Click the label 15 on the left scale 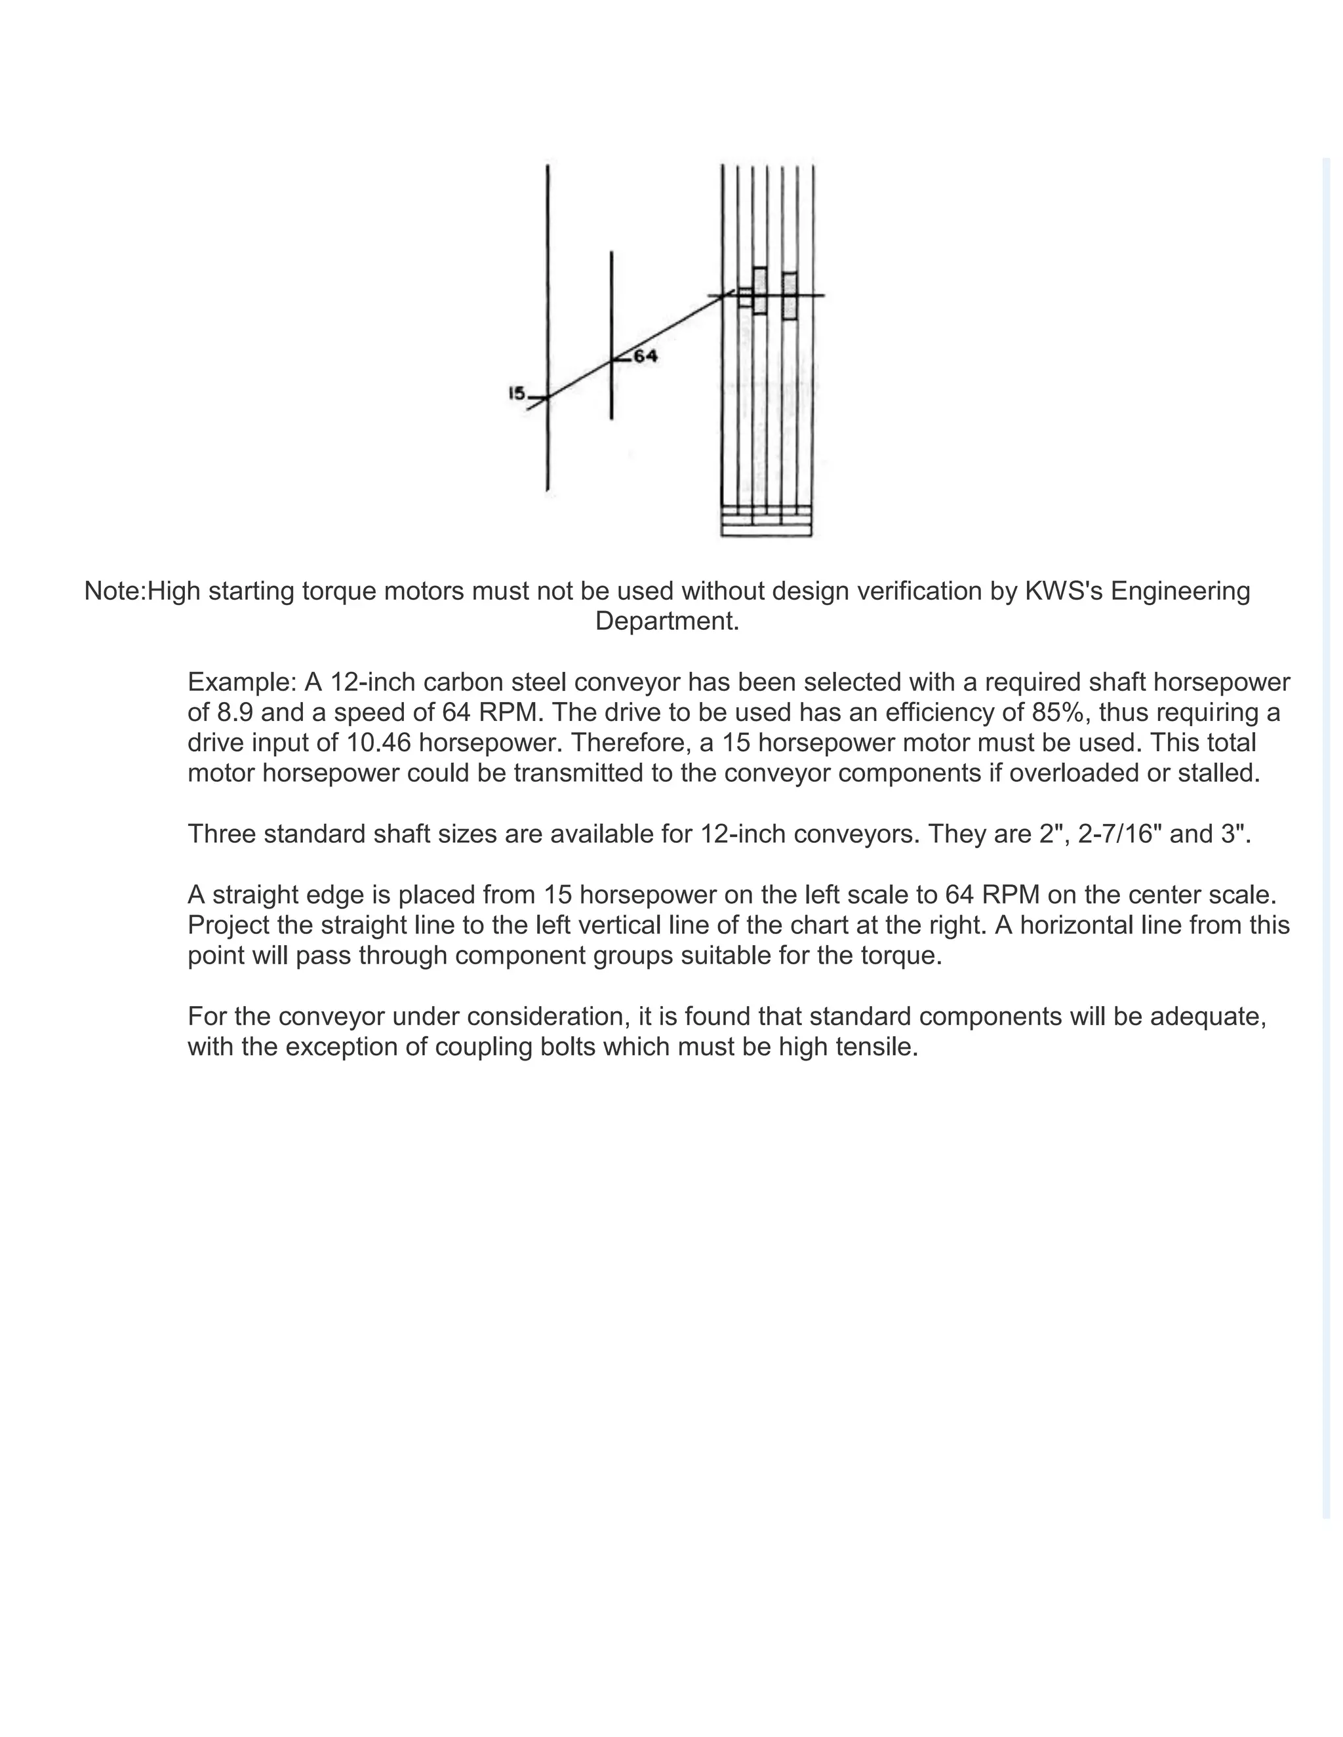click(x=516, y=393)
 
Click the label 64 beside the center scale click(x=645, y=357)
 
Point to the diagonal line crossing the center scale click(x=611, y=362)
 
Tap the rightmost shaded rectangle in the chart click(x=790, y=296)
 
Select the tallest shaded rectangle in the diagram click(x=760, y=290)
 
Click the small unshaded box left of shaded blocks click(x=745, y=297)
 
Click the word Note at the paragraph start click(x=113, y=591)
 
